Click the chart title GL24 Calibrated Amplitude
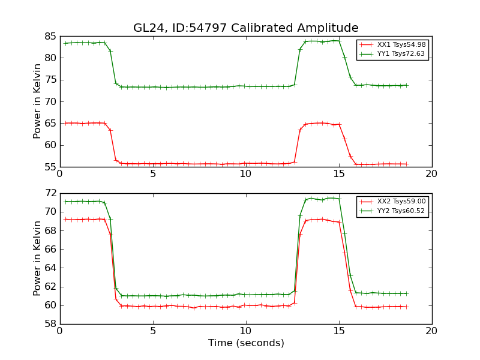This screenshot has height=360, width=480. click(246, 28)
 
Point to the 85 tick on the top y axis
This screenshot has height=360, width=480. click(50, 36)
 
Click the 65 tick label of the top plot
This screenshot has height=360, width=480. click(50, 123)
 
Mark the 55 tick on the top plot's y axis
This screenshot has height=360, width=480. click(50, 167)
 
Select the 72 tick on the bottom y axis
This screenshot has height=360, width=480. click(50, 193)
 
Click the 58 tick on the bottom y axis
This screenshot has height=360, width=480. click(50, 324)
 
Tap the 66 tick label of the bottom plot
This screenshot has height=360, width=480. click(50, 249)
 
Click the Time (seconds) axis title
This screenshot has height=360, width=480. click(246, 343)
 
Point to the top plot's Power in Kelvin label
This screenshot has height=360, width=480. click(38, 101)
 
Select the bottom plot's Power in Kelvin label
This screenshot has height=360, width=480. click(38, 259)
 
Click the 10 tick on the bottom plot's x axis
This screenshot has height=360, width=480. click(246, 331)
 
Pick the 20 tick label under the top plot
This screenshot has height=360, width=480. click(431, 174)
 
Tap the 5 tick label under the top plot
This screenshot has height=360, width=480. click(153, 174)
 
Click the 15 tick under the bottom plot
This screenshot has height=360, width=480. click(339, 331)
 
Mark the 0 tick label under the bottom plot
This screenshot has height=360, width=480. click(60, 331)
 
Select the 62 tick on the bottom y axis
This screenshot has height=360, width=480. click(50, 287)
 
